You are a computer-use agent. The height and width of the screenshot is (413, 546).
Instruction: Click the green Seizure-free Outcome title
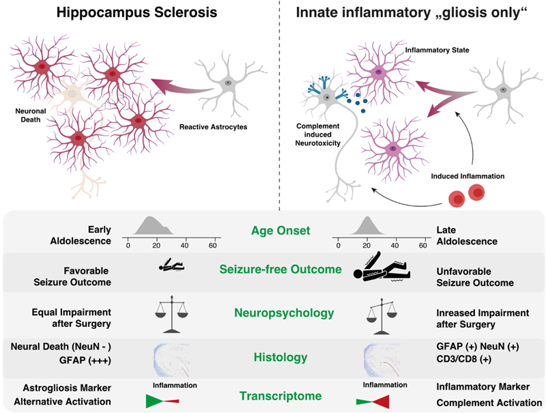[x=280, y=270]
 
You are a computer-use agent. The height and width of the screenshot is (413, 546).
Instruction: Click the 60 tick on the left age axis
[x=213, y=245]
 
